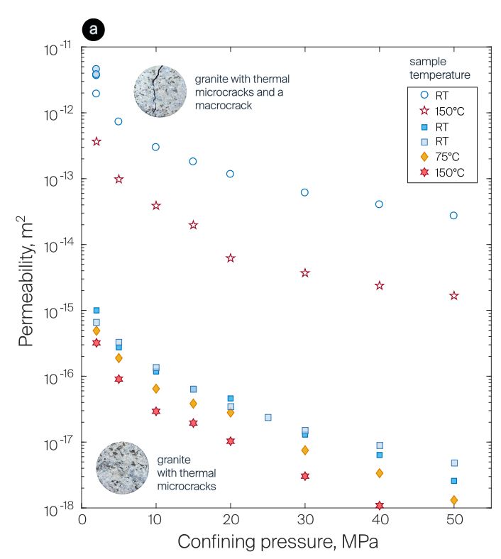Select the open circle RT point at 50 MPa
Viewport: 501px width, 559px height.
453,216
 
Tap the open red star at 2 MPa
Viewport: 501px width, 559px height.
97,142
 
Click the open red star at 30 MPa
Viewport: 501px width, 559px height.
305,272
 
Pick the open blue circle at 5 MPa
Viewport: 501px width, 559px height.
119,121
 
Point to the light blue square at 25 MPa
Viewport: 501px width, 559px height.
268,417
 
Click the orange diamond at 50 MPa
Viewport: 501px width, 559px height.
453,500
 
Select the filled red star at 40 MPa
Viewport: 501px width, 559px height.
380,506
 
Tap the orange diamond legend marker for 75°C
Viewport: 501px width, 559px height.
424,157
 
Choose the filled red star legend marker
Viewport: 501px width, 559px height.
424,172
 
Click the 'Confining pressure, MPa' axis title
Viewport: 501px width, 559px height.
277,543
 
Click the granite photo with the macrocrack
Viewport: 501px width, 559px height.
160,91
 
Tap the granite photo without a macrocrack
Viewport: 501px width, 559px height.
122,467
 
